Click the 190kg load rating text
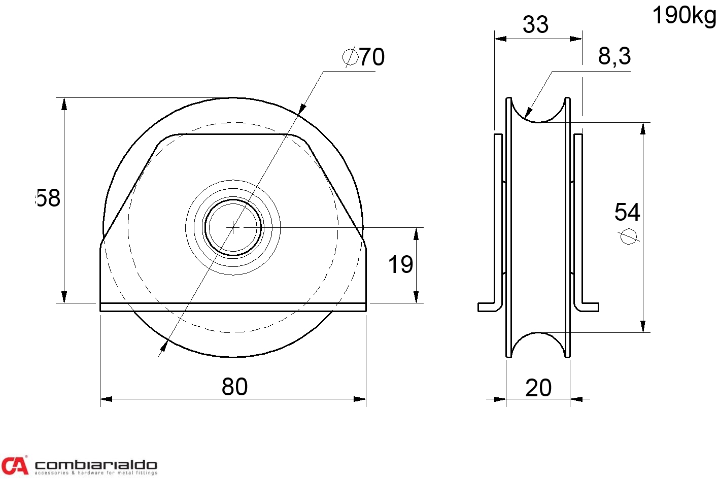(683, 16)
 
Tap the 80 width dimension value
(234, 387)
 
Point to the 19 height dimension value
(400, 265)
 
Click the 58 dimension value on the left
(49, 198)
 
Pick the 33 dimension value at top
(535, 24)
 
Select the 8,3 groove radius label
(614, 56)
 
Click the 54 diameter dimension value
(627, 212)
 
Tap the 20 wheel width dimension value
(538, 388)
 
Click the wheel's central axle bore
(233, 227)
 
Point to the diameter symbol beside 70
(350, 57)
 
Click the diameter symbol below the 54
(629, 236)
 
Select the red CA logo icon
(14, 465)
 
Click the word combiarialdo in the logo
(95, 464)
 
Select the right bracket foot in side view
(589, 307)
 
